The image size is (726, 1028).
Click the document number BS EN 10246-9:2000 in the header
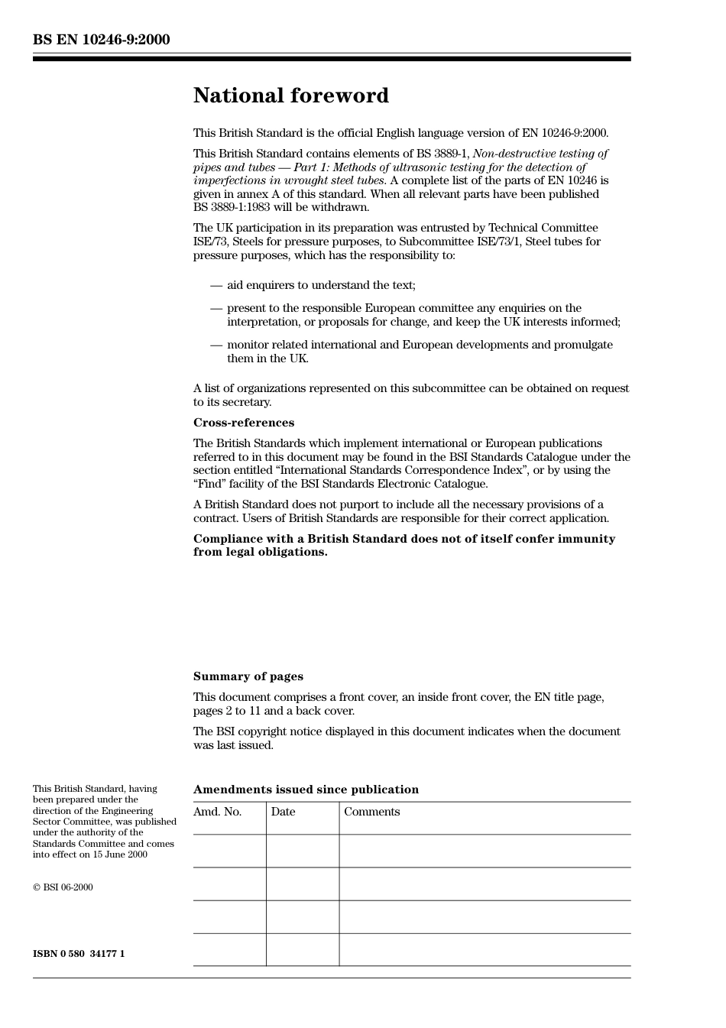tap(102, 40)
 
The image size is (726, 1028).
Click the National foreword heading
tap(290, 96)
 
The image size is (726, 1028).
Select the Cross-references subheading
tap(243, 423)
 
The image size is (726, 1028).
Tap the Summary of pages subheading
tap(248, 676)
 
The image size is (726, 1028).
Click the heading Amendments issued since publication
tap(306, 790)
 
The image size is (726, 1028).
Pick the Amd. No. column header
tap(218, 812)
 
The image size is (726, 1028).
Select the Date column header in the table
tap(283, 812)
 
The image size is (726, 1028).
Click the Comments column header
tap(371, 812)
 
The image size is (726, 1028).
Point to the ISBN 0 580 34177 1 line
tap(79, 954)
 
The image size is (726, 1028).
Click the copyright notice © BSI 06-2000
tap(63, 887)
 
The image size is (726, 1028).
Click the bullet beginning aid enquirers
tap(321, 285)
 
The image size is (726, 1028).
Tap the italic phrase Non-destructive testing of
tap(540, 154)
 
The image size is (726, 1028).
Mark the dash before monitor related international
tap(216, 345)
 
